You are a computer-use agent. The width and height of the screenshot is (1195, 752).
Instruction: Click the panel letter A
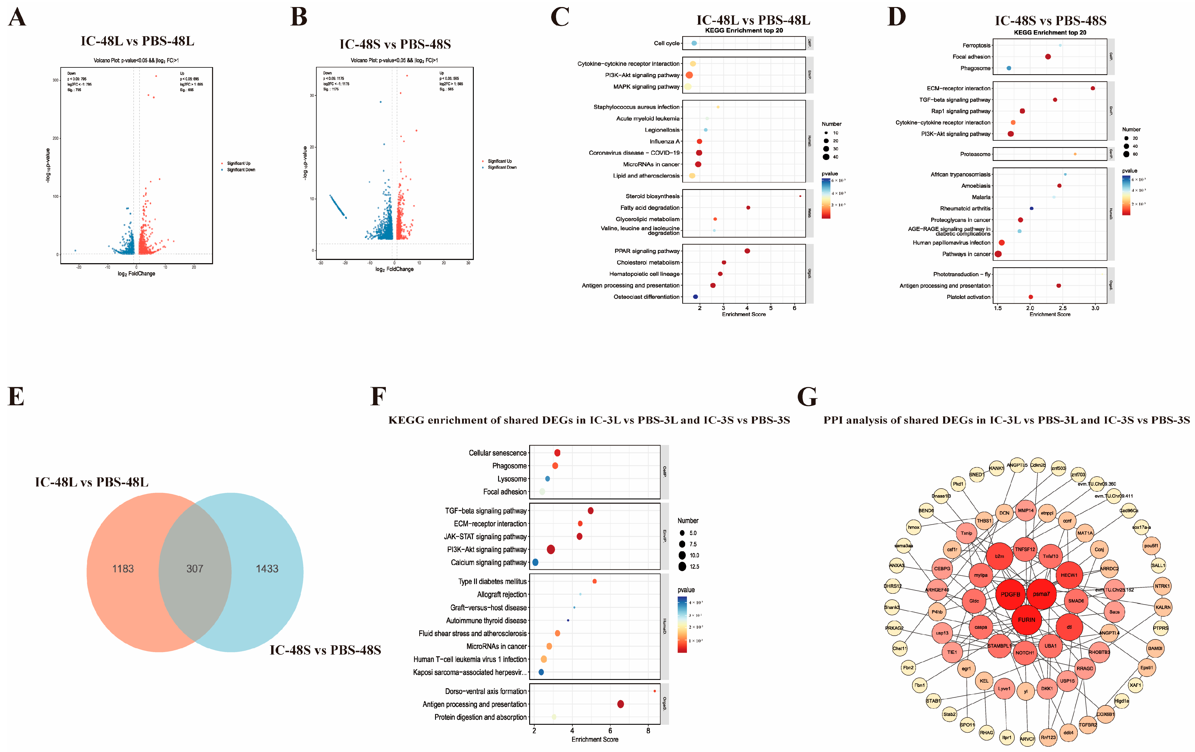tap(17, 17)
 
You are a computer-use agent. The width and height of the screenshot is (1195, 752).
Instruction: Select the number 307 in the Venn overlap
tap(195, 569)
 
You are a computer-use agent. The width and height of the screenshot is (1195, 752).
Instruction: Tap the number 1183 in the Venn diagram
tap(123, 569)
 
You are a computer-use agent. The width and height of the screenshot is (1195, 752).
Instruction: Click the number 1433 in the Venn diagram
tap(267, 569)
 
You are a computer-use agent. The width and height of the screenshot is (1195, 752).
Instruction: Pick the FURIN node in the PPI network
tap(1026, 620)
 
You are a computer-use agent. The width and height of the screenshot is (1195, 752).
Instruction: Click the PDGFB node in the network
tap(1010, 594)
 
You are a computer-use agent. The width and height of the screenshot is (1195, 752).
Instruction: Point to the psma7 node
tap(1041, 594)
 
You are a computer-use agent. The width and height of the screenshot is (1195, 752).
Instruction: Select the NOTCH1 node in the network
tap(1024, 653)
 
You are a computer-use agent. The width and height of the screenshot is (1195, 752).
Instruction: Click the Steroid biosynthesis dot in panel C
tap(800, 196)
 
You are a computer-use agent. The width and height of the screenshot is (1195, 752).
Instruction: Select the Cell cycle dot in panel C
tap(694, 44)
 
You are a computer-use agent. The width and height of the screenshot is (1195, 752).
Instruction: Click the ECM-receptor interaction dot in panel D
tap(1093, 88)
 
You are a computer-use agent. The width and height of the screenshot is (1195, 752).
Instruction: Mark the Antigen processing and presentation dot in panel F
tap(620, 705)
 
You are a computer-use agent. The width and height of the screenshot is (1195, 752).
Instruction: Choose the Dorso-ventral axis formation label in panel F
tap(485, 692)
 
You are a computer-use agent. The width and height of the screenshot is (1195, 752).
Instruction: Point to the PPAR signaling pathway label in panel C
tap(647, 251)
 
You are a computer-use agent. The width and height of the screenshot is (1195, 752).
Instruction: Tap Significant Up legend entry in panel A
tap(238, 163)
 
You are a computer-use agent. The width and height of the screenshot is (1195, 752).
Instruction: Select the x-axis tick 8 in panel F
tap(648, 731)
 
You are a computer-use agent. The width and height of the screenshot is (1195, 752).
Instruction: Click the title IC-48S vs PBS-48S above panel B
tap(395, 44)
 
